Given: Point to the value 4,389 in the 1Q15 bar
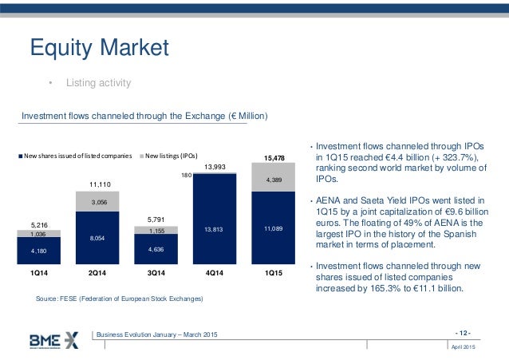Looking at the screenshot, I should [273, 181].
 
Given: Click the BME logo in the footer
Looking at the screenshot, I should [54, 339].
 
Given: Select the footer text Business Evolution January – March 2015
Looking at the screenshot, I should [156, 333].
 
